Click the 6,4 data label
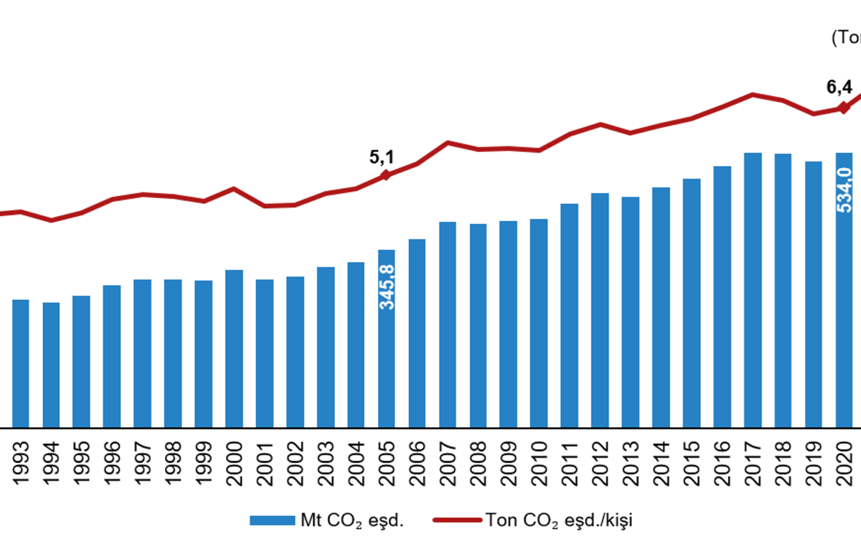(x=839, y=88)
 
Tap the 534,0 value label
(x=844, y=190)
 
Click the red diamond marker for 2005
(x=385, y=174)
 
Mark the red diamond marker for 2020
(x=844, y=108)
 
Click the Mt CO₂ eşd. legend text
(x=352, y=520)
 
